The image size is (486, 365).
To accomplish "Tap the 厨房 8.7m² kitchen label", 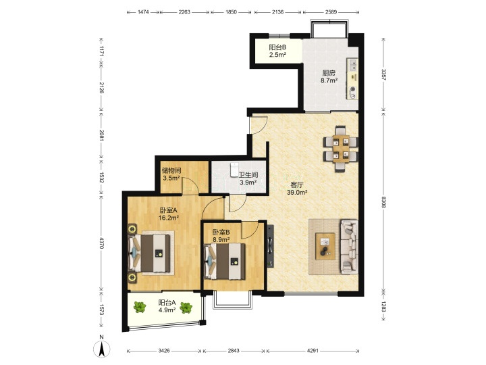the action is pos(329,76).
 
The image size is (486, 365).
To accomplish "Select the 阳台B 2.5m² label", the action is pos(277,51).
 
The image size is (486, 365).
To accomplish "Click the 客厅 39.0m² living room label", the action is pos(297,189).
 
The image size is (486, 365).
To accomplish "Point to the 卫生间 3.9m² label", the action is pos(248,178).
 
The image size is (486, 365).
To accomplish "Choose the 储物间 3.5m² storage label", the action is pos(171,174).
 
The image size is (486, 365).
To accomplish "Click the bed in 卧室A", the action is pos(149,253).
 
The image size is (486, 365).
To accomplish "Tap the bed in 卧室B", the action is pos(225,262).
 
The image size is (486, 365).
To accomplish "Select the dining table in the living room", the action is pos(341,149).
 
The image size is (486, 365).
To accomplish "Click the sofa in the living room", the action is pos(350,247).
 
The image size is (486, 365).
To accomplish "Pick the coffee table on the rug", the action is pos(325,246).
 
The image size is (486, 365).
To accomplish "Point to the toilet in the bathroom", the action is pos(234,170).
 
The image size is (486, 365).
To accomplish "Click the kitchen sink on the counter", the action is pos(353,65).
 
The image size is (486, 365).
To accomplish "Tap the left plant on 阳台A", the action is pos(140,308).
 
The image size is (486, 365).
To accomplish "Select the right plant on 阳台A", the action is pos(186,308).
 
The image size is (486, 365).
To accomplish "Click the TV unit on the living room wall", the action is pos(270,246).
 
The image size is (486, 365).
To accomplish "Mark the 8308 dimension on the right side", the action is pos(383,202).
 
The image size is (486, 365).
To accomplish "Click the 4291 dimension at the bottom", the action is pos(313,351).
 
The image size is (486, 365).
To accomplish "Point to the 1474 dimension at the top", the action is pos(143,12).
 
